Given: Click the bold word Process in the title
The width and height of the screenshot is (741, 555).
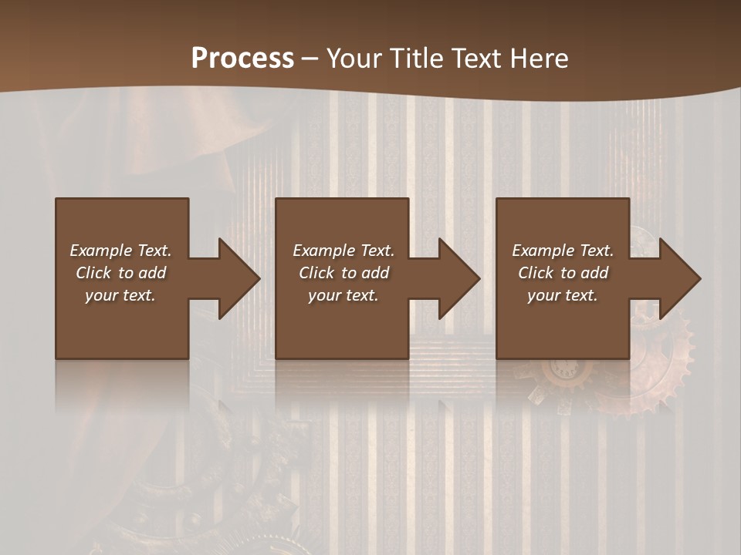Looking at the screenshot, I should tap(242, 59).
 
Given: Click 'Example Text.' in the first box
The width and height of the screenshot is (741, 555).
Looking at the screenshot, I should tap(120, 251).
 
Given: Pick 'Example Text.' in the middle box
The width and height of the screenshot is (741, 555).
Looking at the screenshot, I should tap(343, 251).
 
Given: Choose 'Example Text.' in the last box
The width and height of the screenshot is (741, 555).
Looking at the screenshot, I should tap(563, 251).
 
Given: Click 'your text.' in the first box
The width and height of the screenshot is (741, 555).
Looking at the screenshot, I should tap(120, 295).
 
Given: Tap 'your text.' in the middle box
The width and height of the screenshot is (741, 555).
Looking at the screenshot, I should tap(343, 295).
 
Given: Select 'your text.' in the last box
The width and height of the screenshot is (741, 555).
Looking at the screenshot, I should tap(563, 295).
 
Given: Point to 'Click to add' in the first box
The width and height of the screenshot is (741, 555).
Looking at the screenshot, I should tap(120, 273).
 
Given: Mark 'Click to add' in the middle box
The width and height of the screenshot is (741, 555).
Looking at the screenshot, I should tap(343, 273).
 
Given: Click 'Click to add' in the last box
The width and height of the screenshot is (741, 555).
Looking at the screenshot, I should tap(563, 273).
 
